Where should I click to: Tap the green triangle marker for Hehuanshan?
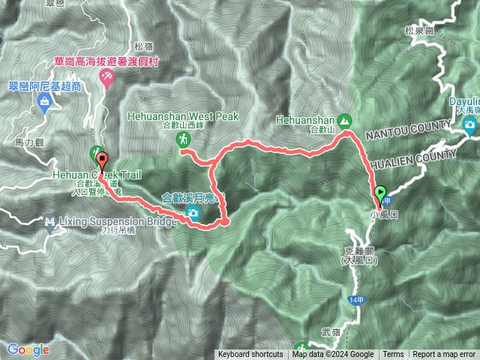[x=344, y=119]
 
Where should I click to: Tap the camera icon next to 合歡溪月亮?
[x=193, y=214]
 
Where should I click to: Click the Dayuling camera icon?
[x=470, y=125]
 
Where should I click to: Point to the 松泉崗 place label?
[x=418, y=31]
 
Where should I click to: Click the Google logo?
[x=28, y=349]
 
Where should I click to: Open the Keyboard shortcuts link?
[x=250, y=355]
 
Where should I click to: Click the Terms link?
[x=393, y=355]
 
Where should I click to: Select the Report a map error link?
[x=445, y=355]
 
